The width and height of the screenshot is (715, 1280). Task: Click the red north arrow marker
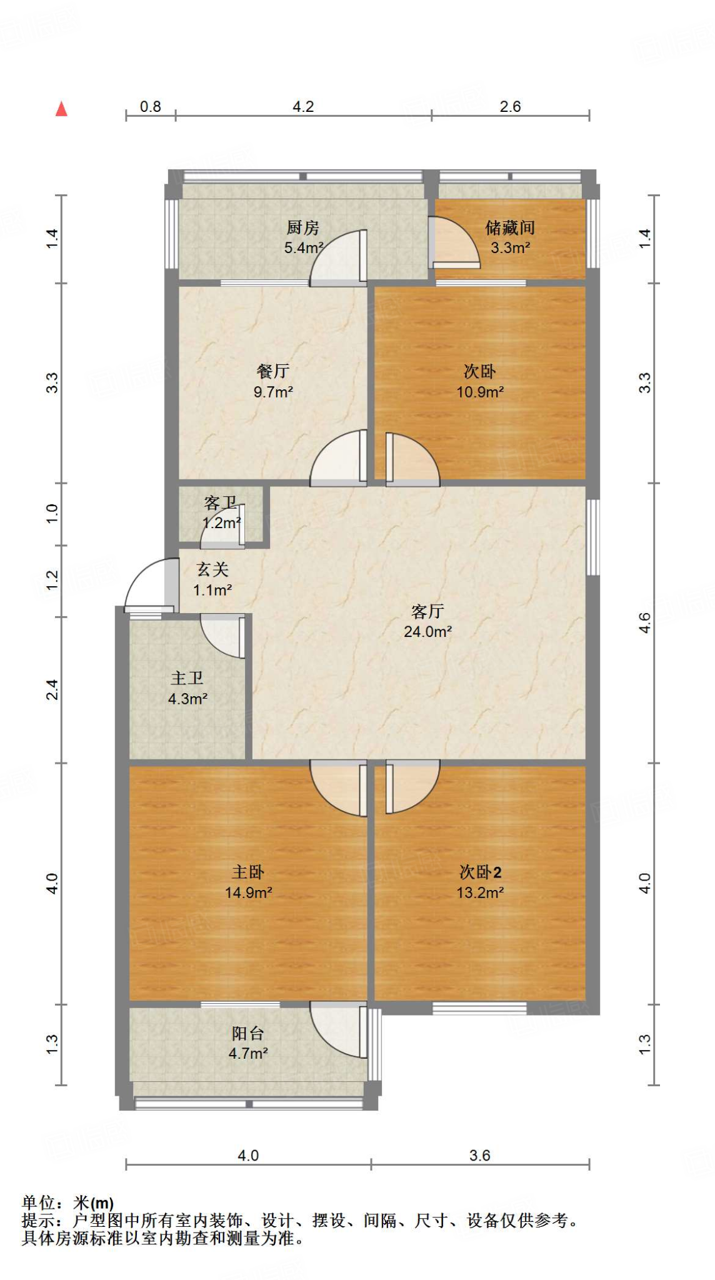(61, 109)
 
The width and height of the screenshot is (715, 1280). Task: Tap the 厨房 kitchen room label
(303, 227)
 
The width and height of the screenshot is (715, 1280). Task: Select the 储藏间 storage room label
(510, 227)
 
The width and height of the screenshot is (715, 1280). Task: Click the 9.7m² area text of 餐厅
(273, 392)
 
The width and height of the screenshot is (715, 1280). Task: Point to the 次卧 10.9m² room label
(480, 372)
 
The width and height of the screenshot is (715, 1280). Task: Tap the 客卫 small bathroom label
(221, 503)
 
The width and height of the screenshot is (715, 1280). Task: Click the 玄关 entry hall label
(212, 569)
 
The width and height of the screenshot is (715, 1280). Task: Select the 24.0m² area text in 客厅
(427, 632)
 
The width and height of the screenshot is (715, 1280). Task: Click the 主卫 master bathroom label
(187, 678)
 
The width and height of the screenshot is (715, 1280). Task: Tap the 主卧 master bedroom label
(248, 872)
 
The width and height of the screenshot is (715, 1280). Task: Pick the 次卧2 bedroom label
(480, 872)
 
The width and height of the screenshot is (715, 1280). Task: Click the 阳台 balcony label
(248, 1033)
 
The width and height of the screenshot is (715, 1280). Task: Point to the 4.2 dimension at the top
(303, 107)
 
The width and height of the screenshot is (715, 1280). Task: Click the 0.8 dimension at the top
(150, 107)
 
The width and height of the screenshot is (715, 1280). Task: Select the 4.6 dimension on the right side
(645, 623)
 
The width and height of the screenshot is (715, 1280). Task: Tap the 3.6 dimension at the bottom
(480, 1156)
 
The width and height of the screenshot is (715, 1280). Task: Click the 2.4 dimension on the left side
(52, 689)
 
